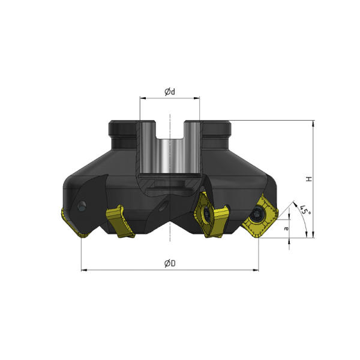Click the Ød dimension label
click(170, 92)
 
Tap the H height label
click(309, 179)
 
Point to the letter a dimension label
click(286, 229)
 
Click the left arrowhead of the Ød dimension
click(143, 98)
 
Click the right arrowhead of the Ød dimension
click(197, 98)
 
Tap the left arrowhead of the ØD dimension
click(84, 270)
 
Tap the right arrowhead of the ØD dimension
click(256, 270)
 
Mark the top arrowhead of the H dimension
click(313, 123)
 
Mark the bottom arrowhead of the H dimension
click(313, 235)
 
